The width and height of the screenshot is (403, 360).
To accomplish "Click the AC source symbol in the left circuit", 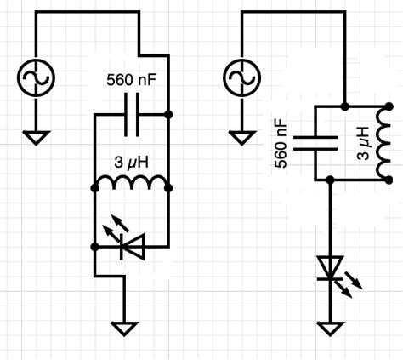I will [37, 80].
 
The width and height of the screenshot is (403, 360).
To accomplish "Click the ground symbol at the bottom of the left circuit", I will [126, 328].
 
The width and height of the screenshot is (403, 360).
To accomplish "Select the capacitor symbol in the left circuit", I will [131, 113].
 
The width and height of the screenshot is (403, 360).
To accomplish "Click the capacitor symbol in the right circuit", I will [305, 143].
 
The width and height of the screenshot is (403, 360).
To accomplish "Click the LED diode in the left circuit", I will [128, 246].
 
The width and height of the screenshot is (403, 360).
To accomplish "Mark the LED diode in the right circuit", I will [332, 271].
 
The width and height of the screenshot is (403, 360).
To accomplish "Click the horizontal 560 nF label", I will [132, 81].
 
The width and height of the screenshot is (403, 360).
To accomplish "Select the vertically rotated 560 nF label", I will [281, 143].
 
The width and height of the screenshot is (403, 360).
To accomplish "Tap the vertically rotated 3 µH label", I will [363, 143].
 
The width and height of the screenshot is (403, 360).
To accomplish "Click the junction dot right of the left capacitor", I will [168, 113].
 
